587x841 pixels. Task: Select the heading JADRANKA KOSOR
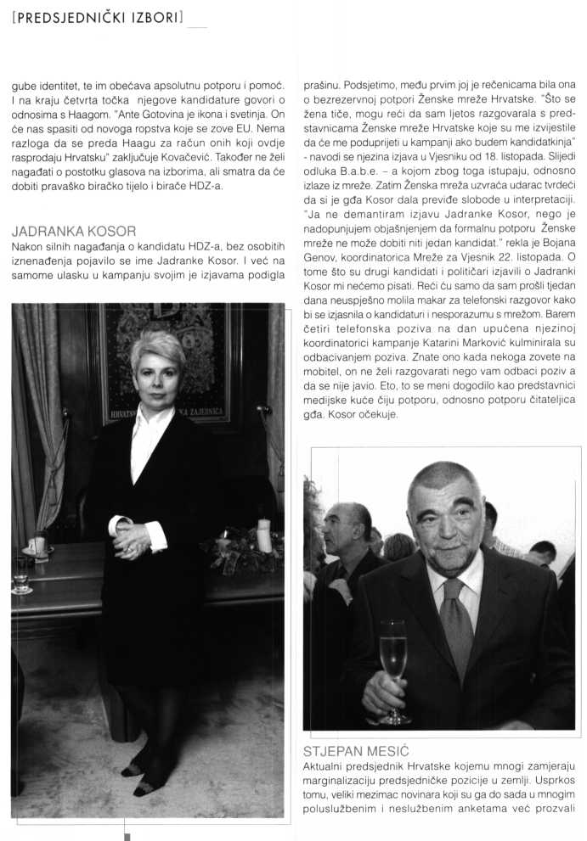click(x=75, y=230)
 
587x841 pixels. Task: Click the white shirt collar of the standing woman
click(x=153, y=420)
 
